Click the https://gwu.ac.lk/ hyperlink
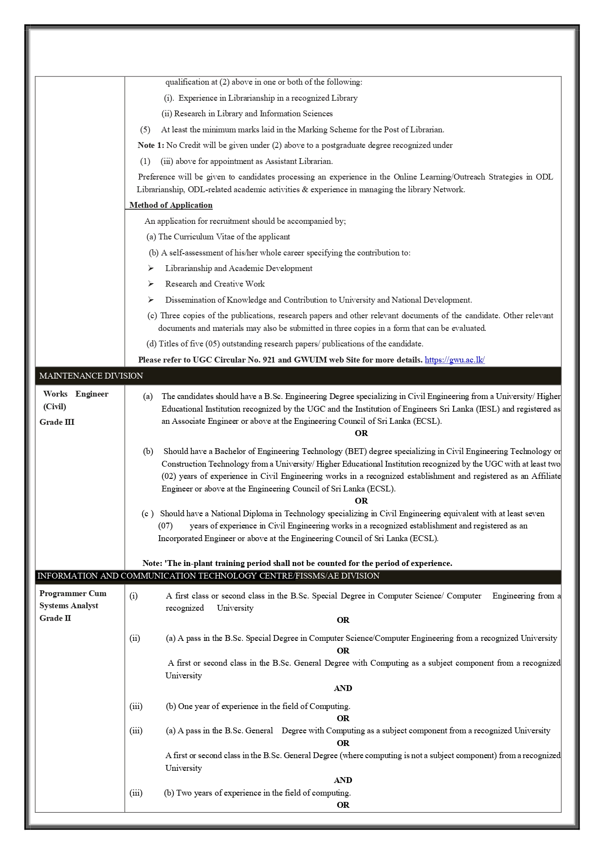455,360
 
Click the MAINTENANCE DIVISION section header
91,376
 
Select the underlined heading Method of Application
171,205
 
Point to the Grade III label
57,422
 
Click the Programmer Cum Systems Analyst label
73,600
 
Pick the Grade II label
55,618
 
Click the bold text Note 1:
151,145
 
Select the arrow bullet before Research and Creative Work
151,284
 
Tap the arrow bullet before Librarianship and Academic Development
151,268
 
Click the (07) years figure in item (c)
165,526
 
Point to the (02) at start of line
169,476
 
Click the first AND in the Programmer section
343,688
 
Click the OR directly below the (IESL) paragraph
361,433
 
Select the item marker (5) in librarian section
145,129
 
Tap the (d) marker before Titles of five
151,344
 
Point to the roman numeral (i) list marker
133,596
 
